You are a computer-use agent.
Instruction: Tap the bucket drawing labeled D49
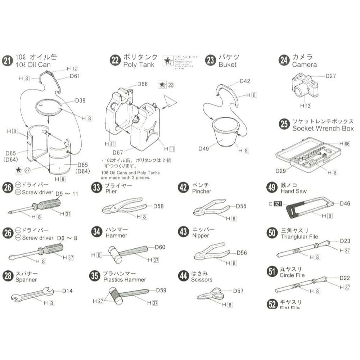pos(223,132)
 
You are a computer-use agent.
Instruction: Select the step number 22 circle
pos(115,61)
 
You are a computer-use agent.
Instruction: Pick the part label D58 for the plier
pos(158,206)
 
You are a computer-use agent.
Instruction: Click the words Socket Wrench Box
pos(323,129)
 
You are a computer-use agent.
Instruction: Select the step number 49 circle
pos(272,188)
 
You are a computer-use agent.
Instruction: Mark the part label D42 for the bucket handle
pos(245,81)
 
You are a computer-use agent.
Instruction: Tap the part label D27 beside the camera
pos(330,76)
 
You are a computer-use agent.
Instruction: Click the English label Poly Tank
pos(139,65)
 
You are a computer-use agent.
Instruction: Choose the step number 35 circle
pos(95,276)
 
